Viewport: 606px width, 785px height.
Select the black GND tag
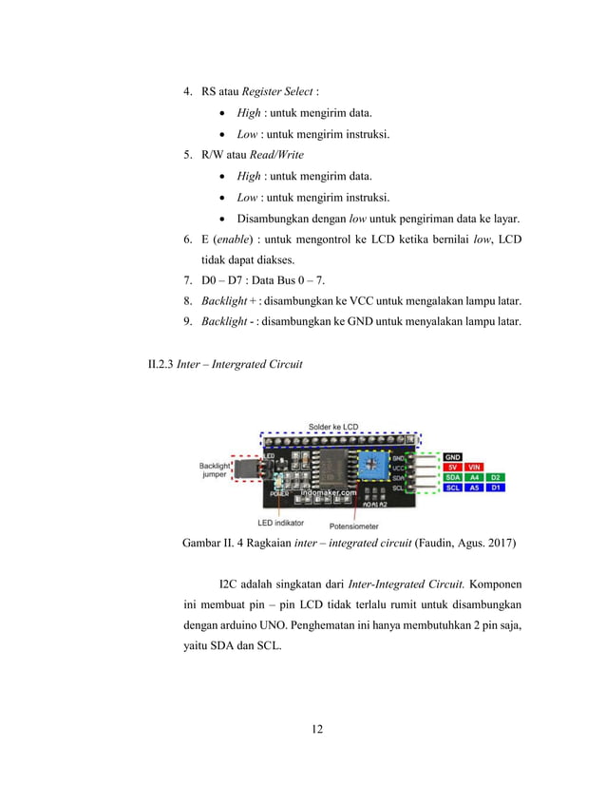click(x=453, y=457)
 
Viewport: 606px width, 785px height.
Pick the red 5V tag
click(x=453, y=468)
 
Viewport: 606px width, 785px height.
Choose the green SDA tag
click(x=453, y=477)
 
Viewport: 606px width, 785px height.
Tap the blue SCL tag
click(x=453, y=488)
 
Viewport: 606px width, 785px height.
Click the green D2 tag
click(x=496, y=477)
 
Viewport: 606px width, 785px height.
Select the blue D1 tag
click(x=496, y=488)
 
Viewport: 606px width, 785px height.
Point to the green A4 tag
click(x=475, y=477)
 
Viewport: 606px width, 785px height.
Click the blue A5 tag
click(x=475, y=488)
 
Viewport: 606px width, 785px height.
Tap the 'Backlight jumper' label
click(x=214, y=470)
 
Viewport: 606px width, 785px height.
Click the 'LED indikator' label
click(x=280, y=522)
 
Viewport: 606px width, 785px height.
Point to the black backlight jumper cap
click(x=247, y=469)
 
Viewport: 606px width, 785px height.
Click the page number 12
click(x=317, y=729)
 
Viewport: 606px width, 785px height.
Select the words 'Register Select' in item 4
click(x=279, y=91)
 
